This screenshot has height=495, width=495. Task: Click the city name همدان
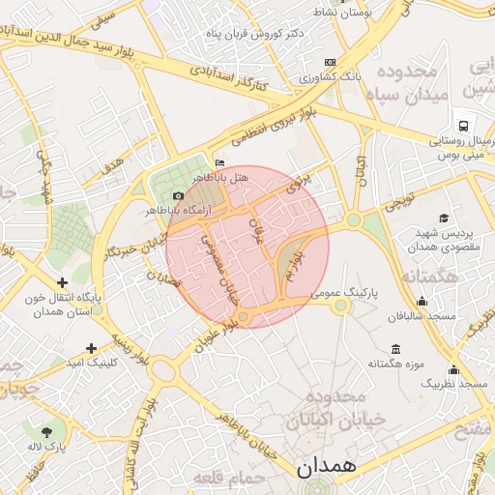click(x=326, y=466)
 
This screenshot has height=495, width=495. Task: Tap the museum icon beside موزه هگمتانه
click(x=394, y=349)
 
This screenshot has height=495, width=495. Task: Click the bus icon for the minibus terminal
click(x=464, y=127)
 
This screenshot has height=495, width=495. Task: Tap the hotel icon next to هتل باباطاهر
click(x=219, y=163)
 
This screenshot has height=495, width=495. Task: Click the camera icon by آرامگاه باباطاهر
click(x=178, y=196)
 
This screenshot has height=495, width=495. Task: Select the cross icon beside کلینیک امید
click(x=92, y=348)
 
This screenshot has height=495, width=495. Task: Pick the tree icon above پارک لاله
click(x=47, y=430)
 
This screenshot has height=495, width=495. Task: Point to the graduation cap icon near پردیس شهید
click(x=444, y=218)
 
